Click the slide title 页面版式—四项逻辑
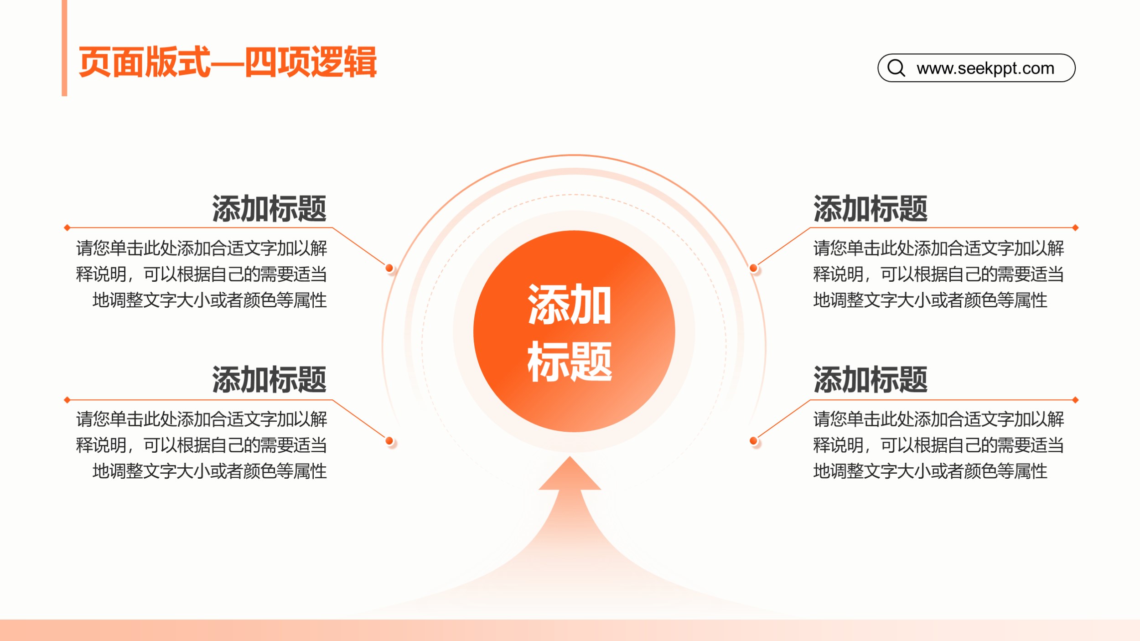[228, 62]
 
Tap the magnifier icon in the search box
[896, 68]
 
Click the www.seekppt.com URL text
[985, 68]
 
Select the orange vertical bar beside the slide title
[64, 48]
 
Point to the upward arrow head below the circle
[570, 473]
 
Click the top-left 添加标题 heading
[269, 209]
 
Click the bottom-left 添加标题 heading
[269, 379]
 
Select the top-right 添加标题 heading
[871, 209]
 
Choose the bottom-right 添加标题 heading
[871, 379]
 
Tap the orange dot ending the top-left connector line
[389, 268]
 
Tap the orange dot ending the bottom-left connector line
[389, 440]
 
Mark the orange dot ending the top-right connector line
[753, 268]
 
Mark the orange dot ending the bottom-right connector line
[753, 440]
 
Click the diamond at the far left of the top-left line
[67, 227]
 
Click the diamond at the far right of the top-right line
[1075, 227]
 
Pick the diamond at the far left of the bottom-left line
[67, 400]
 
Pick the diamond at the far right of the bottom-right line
[1075, 400]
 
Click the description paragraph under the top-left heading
[202, 274]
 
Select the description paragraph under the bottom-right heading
[938, 445]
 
